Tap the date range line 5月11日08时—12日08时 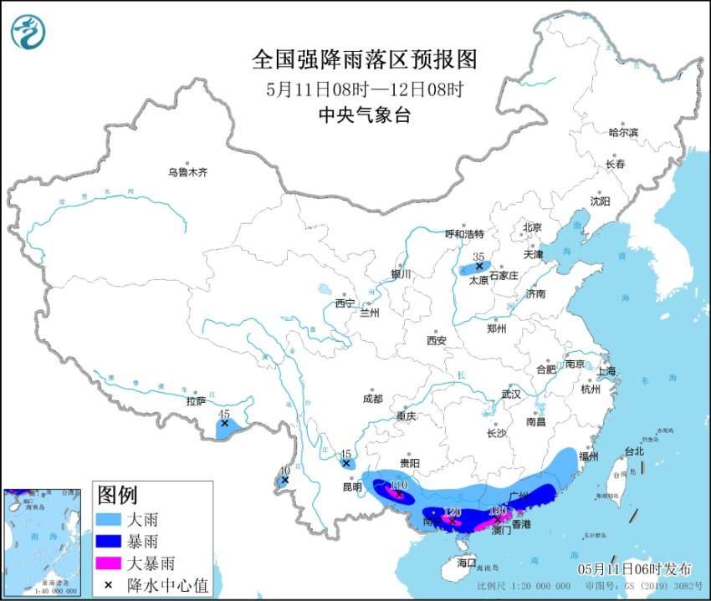pos(364,88)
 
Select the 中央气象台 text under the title pos(364,115)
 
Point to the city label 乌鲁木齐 pos(187,172)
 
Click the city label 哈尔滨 pos(622,132)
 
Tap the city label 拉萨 pos(196,401)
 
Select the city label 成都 pos(373,399)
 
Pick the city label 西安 pos(437,340)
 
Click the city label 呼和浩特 pos(464,234)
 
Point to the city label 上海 pos(606,371)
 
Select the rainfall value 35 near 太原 pos(478,257)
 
